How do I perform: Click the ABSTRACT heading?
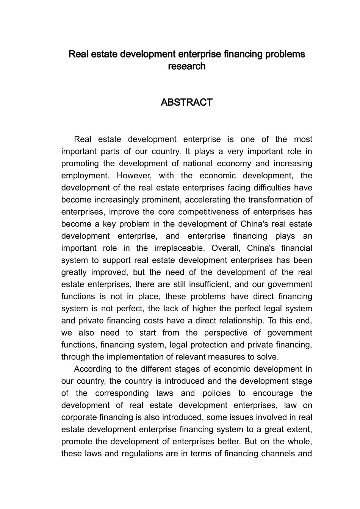186,102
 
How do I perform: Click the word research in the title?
186,66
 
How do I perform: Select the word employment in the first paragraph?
84,176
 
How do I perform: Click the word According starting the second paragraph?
92,369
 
